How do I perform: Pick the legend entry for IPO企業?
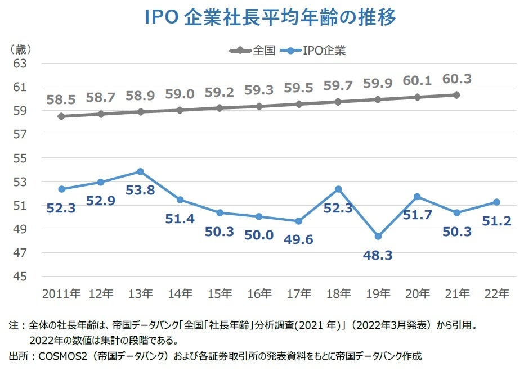324,51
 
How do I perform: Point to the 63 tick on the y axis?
20,64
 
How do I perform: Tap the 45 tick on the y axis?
20,277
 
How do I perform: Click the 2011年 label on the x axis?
61,293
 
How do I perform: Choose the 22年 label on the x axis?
496,293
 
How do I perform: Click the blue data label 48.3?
378,256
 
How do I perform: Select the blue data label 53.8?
140,191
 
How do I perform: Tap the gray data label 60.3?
456,79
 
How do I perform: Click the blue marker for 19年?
378,237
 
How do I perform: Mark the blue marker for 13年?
140,171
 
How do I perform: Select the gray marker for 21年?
456,95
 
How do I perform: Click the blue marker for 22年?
496,202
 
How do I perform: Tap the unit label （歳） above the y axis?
21,49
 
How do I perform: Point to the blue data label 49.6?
299,240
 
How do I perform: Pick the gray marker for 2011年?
61,116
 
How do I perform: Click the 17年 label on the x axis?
299,293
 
